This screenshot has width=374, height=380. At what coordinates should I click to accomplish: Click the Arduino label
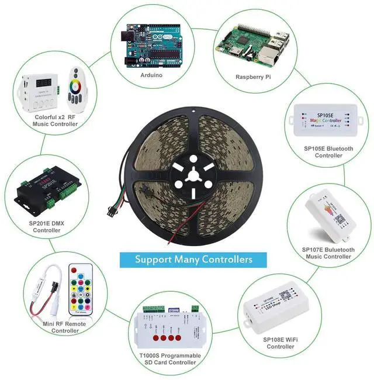tap(151, 75)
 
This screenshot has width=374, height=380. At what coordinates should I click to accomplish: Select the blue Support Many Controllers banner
tap(193, 259)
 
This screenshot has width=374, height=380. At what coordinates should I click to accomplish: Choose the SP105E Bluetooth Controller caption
tap(328, 152)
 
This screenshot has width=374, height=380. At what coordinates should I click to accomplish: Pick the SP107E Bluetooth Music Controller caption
tap(328, 253)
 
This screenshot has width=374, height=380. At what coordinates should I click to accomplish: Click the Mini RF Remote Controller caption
tap(64, 327)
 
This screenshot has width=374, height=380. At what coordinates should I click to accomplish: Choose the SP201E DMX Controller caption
tap(46, 226)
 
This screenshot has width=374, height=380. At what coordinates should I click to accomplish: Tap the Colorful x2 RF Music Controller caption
tap(56, 120)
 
